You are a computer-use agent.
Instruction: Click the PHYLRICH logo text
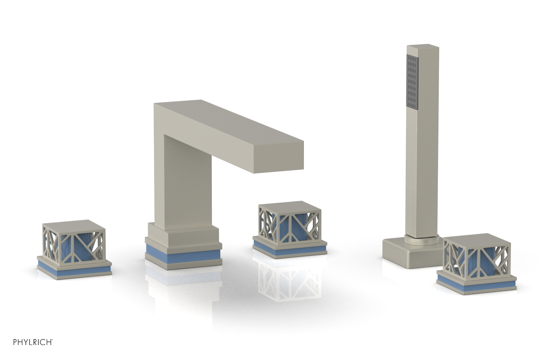(x=33, y=342)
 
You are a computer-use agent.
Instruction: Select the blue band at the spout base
(x=183, y=256)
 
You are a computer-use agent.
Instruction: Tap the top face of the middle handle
(x=289, y=206)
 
